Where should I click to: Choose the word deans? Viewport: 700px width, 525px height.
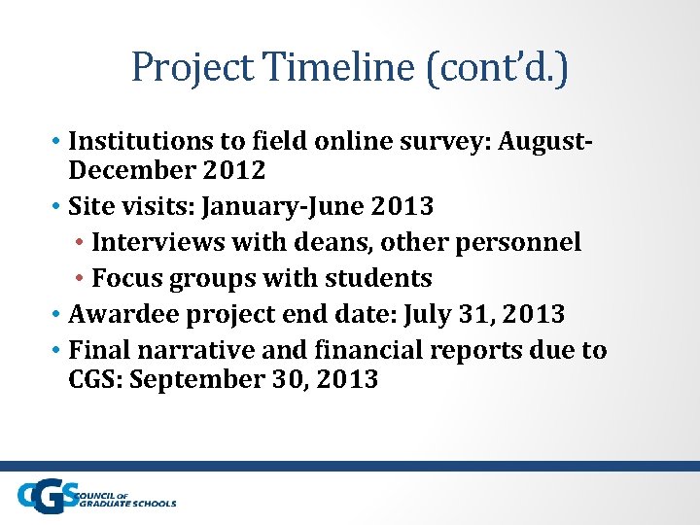(315, 242)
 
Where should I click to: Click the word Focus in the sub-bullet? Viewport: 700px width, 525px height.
(128, 278)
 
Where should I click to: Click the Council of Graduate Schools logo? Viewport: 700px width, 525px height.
(96, 497)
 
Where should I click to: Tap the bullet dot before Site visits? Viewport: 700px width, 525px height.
(57, 207)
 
